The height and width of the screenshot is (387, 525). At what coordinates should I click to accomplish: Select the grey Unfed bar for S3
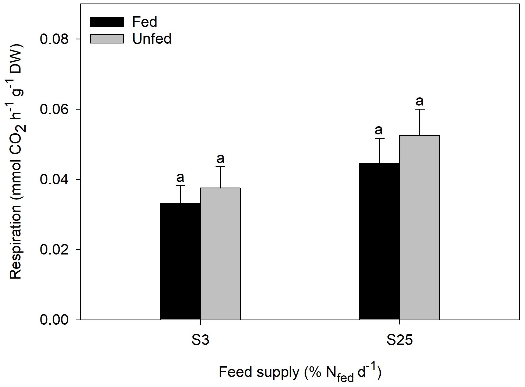pyautogui.click(x=220, y=254)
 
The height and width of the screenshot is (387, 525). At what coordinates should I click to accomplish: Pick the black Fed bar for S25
pyautogui.click(x=379, y=241)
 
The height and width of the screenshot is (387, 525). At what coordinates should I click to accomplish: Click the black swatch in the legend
pyautogui.click(x=107, y=22)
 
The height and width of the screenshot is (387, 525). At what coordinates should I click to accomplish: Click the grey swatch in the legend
pyautogui.click(x=107, y=39)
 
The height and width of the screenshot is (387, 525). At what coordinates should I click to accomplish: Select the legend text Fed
pyautogui.click(x=145, y=22)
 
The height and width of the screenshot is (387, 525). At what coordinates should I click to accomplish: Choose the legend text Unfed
pyautogui.click(x=152, y=39)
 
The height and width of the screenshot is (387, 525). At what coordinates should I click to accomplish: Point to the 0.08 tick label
pyautogui.click(x=54, y=39)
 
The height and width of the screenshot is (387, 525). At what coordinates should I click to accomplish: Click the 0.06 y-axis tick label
pyautogui.click(x=54, y=109)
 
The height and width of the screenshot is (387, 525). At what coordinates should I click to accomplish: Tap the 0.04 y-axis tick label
pyautogui.click(x=54, y=179)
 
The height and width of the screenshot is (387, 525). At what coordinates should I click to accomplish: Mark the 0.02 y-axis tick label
pyautogui.click(x=54, y=250)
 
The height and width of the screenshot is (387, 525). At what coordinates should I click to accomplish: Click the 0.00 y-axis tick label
pyautogui.click(x=54, y=320)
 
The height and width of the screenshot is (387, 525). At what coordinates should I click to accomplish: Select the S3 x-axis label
pyautogui.click(x=200, y=340)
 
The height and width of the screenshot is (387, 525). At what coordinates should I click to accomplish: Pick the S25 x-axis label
pyautogui.click(x=400, y=340)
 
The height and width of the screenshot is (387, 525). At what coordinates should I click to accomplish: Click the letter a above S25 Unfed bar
pyautogui.click(x=420, y=101)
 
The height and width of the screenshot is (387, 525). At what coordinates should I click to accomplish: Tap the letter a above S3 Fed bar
pyautogui.click(x=180, y=178)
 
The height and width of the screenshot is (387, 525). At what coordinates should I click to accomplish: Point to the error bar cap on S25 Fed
pyautogui.click(x=379, y=138)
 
